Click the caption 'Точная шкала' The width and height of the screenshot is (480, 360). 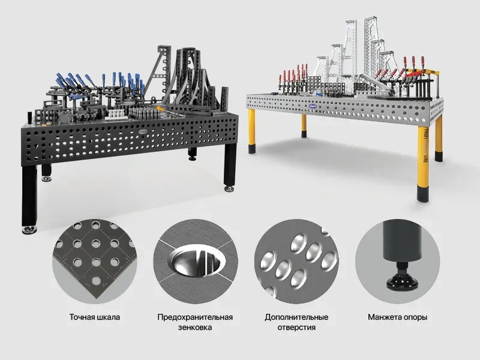click(95, 317)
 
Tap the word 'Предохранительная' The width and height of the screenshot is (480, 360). click(195, 317)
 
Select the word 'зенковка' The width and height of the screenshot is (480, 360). click(195, 327)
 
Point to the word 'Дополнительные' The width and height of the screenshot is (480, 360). click(296, 317)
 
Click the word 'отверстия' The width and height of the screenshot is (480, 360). click(296, 327)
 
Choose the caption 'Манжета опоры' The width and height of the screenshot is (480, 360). click(397, 317)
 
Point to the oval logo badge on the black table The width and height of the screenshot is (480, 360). click(143, 131)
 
